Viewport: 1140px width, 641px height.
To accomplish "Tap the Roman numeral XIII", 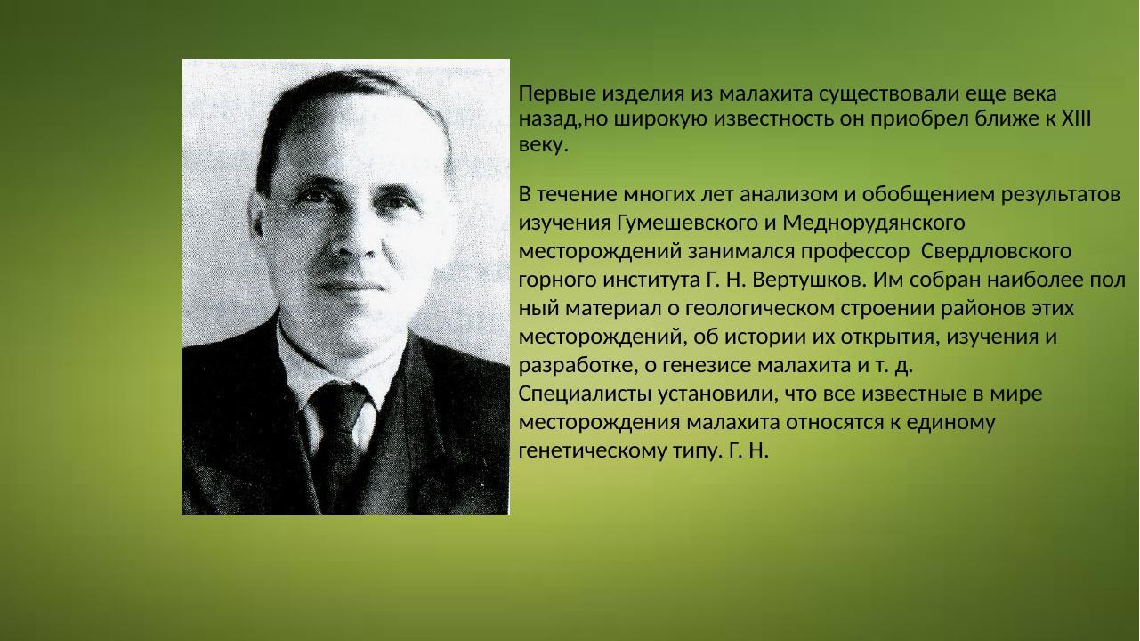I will [x=1077, y=118].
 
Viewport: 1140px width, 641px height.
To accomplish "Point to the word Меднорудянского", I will [x=874, y=222].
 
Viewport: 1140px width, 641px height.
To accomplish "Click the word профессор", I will [x=849, y=250].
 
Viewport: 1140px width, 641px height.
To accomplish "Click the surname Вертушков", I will [x=808, y=280].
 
